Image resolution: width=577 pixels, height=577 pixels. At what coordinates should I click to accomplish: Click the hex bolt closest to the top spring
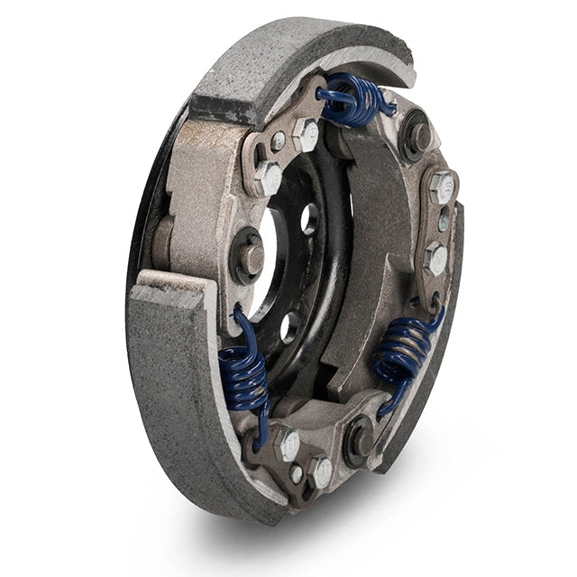306,135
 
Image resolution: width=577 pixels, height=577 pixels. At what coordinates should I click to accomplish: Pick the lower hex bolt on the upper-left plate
266,179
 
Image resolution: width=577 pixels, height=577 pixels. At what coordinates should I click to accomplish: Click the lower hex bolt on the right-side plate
435,259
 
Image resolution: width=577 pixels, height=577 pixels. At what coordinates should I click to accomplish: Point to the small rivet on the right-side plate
443,221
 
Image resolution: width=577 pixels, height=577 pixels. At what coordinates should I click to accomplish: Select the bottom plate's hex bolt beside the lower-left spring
287,444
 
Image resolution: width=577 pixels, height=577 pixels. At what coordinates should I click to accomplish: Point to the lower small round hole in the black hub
288,326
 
